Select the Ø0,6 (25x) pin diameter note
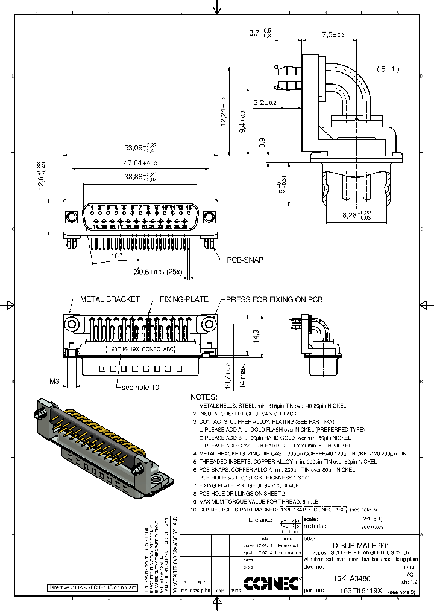(158, 272)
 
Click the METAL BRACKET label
(110, 299)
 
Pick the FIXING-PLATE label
(184, 299)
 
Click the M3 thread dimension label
(55, 381)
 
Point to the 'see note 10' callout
(140, 387)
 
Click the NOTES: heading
(203, 397)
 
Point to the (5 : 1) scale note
(389, 69)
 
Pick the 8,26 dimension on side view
(356, 214)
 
